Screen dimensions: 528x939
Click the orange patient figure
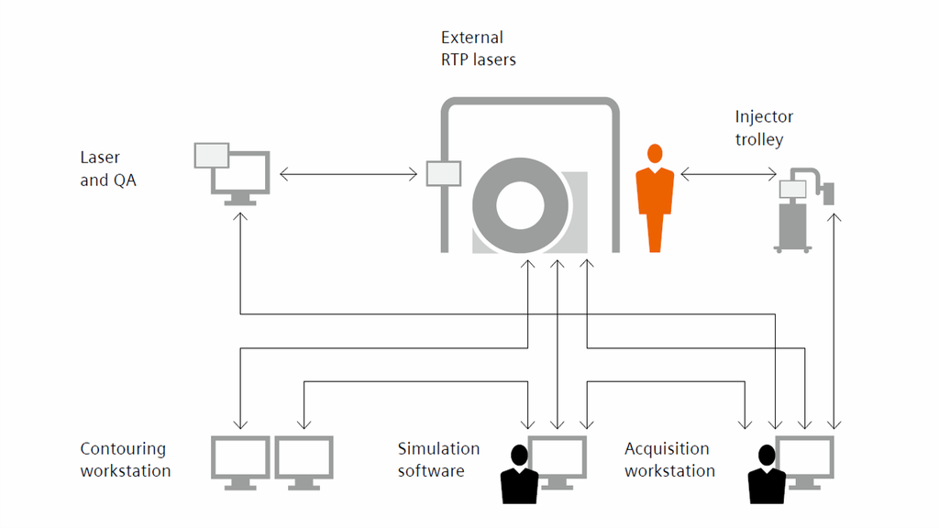[x=655, y=197]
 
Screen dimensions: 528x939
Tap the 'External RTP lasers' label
[x=478, y=49]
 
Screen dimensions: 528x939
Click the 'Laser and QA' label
[x=108, y=170]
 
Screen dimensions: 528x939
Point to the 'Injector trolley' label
[x=764, y=128]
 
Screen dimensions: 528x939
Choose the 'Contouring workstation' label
[x=125, y=459]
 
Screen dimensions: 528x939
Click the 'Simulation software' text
[x=438, y=459]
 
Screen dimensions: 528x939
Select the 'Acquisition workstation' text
[x=669, y=459]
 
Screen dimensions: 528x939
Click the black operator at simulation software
[x=519, y=475]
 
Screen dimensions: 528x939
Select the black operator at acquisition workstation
[x=766, y=475]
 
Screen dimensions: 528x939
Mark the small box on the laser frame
[x=444, y=173]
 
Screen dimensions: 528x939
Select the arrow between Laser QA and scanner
[x=349, y=173]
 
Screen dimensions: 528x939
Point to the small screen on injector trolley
[x=792, y=189]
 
